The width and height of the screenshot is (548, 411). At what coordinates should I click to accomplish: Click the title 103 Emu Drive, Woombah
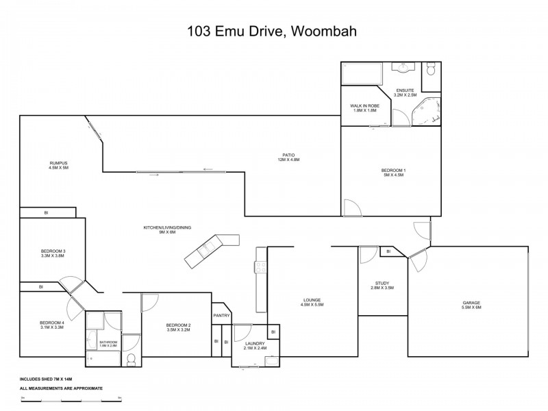tap(274, 31)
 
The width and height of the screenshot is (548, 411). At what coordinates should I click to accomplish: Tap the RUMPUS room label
tap(58, 164)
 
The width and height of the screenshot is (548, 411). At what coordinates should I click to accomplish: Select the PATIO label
tap(288, 157)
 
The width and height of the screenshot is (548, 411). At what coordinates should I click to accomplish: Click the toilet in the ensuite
tap(431, 70)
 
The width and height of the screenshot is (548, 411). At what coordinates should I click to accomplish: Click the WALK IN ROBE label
tap(364, 108)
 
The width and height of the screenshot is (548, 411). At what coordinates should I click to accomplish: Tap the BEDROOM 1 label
tap(394, 172)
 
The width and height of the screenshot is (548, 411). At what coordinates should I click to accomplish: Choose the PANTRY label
tap(221, 315)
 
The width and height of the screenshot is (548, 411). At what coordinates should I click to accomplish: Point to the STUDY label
tap(382, 286)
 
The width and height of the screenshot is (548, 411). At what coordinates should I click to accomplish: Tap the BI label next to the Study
tap(388, 251)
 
